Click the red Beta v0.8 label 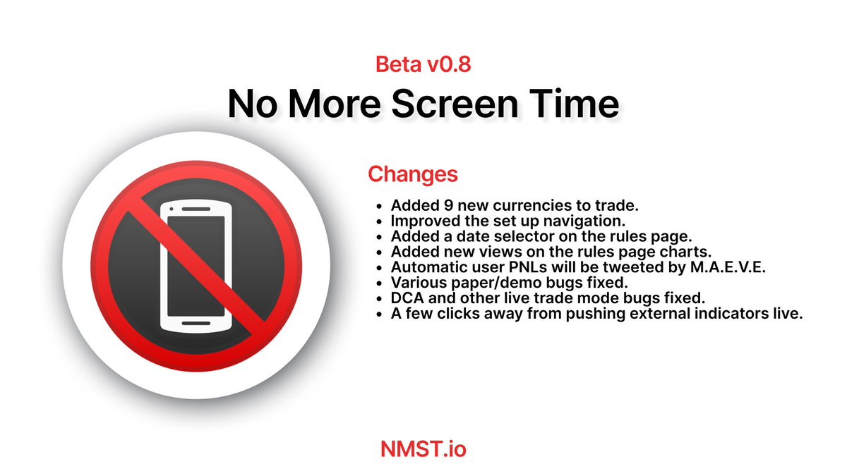pyautogui.click(x=423, y=66)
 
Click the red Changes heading pyautogui.click(x=412, y=173)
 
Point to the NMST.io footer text pyautogui.click(x=423, y=448)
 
